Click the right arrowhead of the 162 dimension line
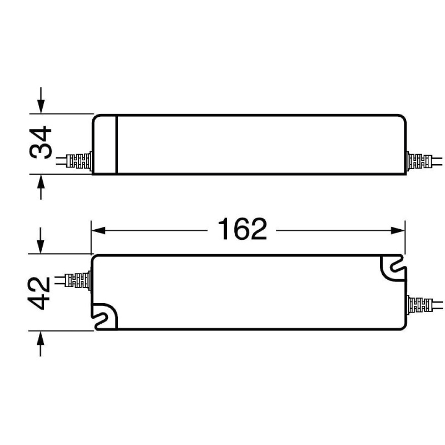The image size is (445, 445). pos(399,229)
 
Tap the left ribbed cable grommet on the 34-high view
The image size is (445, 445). pos(79,162)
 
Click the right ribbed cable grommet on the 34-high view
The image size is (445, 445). pos(419,162)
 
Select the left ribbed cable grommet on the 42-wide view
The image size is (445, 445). pos(78,280)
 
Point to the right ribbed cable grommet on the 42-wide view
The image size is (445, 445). pos(419,305)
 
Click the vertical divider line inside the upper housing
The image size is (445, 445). pos(116,144)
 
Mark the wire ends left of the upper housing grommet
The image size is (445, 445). pos(61,162)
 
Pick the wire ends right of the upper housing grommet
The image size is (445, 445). pos(438,162)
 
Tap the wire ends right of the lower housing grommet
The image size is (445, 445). pos(438,305)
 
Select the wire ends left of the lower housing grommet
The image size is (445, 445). pos(58,280)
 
